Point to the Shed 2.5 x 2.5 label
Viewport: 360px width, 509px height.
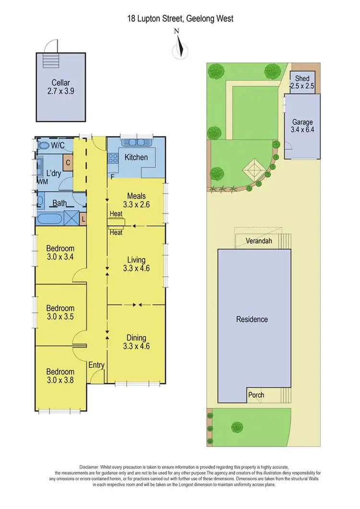click(x=302, y=82)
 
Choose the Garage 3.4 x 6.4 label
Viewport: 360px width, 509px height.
click(x=302, y=126)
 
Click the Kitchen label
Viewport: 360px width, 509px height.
click(x=136, y=157)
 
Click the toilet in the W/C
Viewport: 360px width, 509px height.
click(x=43, y=145)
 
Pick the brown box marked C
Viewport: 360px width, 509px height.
click(x=68, y=163)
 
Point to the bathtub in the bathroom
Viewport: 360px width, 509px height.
click(x=49, y=219)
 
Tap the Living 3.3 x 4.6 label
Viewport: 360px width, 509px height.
click(x=136, y=264)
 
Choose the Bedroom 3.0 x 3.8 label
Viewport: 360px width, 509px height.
click(x=60, y=376)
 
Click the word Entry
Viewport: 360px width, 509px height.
click(x=96, y=365)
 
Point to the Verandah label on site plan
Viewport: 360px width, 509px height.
click(x=259, y=241)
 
